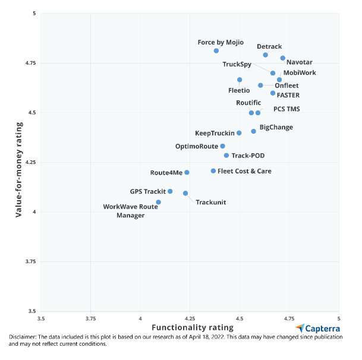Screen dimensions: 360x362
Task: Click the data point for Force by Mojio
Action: click(216, 51)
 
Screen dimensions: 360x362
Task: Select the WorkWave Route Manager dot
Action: click(158, 202)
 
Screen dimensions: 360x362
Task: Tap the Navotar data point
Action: click(283, 58)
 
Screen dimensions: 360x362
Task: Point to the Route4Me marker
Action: click(187, 172)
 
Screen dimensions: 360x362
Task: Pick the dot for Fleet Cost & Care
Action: click(213, 171)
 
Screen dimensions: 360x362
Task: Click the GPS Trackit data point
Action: click(170, 191)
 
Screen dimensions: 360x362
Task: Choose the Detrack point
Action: click(266, 55)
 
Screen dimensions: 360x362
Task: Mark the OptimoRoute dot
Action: click(223, 146)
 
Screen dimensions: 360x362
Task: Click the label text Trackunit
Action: click(210, 203)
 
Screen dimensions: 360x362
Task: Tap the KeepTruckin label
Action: click(215, 133)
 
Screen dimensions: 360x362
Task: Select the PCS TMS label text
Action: click(287, 109)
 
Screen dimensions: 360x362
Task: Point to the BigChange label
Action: click(276, 127)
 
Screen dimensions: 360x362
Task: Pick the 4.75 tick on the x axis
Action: click(289, 318)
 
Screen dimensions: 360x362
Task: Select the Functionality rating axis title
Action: click(193, 327)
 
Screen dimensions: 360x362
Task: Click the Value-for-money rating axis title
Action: click(19, 162)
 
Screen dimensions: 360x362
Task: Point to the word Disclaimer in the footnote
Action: click(22, 337)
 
